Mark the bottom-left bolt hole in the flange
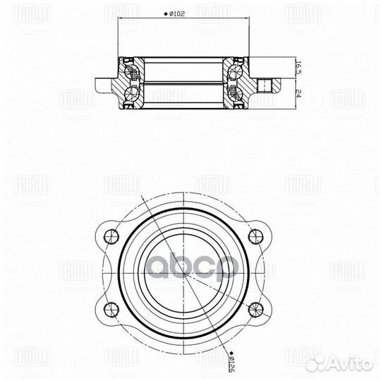(109, 307)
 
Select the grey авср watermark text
(190, 270)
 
